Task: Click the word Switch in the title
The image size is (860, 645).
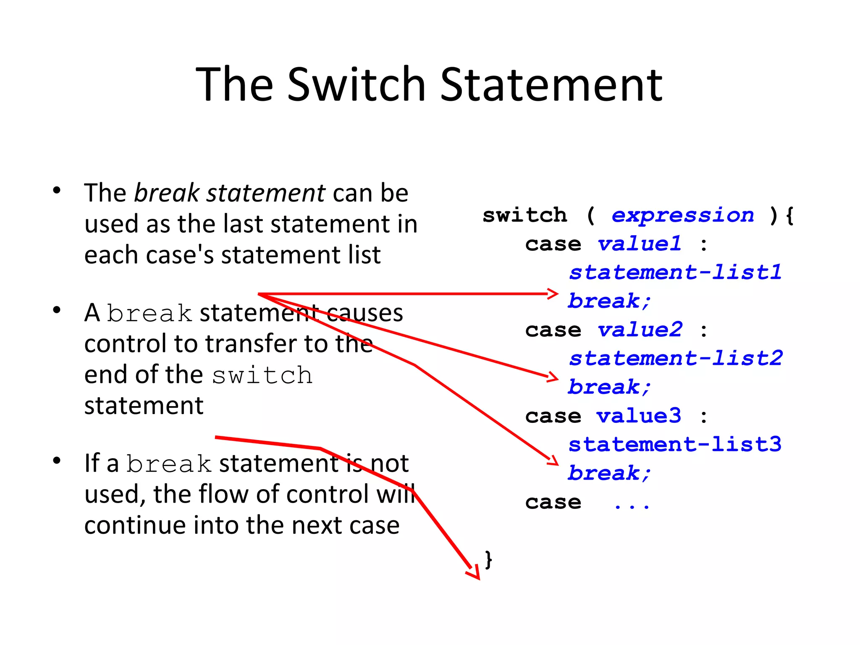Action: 357,85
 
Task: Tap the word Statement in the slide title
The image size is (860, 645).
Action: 551,85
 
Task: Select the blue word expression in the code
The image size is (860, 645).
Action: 683,215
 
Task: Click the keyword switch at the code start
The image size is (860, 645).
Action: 524,215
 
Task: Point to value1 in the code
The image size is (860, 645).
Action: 639,244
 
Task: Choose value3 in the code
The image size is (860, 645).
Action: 639,416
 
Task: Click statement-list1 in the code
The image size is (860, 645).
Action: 675,273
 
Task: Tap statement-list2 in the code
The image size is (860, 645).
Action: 676,359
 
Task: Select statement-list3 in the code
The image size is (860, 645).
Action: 675,445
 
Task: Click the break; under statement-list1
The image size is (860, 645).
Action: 609,302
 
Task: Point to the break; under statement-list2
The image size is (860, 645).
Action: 609,387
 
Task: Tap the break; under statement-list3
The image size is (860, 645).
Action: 609,473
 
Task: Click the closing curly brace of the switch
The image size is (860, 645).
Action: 488,560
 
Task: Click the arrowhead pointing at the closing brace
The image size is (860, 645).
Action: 475,574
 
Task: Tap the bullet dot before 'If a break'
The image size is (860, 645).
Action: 57,461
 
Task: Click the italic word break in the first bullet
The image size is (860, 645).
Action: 167,193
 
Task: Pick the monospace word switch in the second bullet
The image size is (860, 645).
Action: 262,375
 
